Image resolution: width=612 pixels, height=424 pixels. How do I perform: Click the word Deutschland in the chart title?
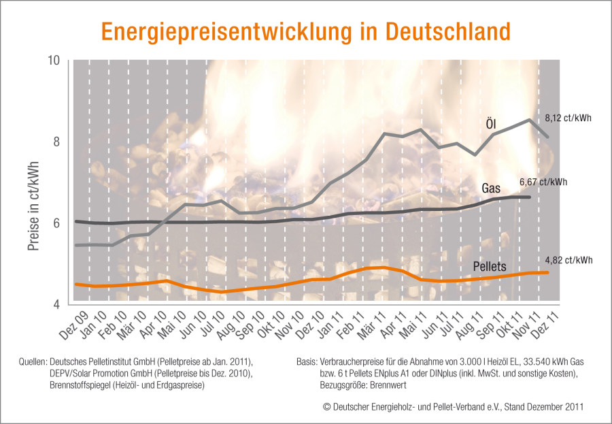448,32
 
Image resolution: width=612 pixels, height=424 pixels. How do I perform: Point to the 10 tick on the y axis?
53,61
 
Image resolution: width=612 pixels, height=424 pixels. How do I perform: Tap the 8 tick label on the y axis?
56,142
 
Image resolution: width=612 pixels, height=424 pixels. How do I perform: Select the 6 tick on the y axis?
56,223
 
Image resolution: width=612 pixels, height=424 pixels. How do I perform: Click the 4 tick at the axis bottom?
56,304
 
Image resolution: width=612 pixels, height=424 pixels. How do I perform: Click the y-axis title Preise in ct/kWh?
33,206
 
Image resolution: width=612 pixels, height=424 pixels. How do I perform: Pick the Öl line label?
491,125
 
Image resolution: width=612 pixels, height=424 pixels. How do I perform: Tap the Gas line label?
491,189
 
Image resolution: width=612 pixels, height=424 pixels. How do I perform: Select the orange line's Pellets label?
490,267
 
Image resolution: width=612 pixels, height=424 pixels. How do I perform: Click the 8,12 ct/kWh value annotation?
568,118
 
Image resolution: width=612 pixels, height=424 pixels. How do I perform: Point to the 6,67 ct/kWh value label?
543,182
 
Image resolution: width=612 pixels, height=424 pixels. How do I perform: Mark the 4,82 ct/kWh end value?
568,260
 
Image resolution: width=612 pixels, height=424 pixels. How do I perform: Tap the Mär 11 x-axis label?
372,325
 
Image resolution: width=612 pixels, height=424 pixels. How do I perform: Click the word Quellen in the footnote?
33,361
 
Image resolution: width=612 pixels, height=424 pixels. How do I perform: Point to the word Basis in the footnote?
306,361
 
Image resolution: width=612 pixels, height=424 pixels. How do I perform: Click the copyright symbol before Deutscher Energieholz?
326,407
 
